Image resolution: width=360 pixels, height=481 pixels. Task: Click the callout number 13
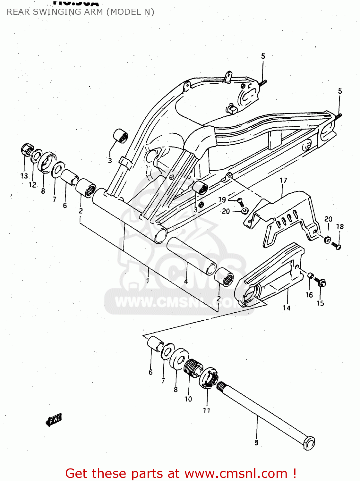point(24,176)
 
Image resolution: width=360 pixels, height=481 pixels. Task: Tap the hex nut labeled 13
point(27,149)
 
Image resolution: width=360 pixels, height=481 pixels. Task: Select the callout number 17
point(283,181)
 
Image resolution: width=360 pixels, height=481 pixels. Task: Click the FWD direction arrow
point(54,419)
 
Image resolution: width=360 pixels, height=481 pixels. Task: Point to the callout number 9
point(256,443)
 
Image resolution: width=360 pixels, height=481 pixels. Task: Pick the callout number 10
point(188,399)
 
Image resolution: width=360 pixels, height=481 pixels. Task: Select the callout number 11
point(207,410)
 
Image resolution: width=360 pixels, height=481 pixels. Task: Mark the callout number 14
point(287,308)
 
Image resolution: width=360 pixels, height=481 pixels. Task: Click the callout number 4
point(186,282)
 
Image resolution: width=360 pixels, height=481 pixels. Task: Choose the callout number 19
point(222,200)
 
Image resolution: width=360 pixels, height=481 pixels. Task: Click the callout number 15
point(320,303)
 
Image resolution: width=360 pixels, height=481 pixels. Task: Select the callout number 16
point(309,295)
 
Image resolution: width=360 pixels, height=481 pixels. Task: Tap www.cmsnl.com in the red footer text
point(236,474)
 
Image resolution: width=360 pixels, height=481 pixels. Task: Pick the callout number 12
point(32,185)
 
